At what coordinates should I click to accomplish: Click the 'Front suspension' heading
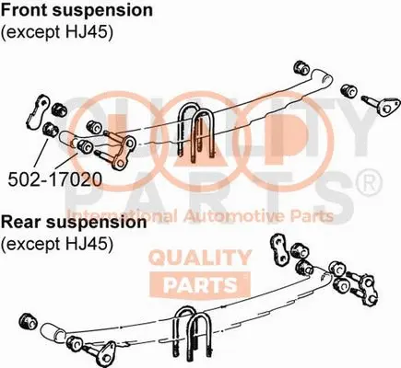click(77, 11)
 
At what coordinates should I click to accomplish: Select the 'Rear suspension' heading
click(74, 223)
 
